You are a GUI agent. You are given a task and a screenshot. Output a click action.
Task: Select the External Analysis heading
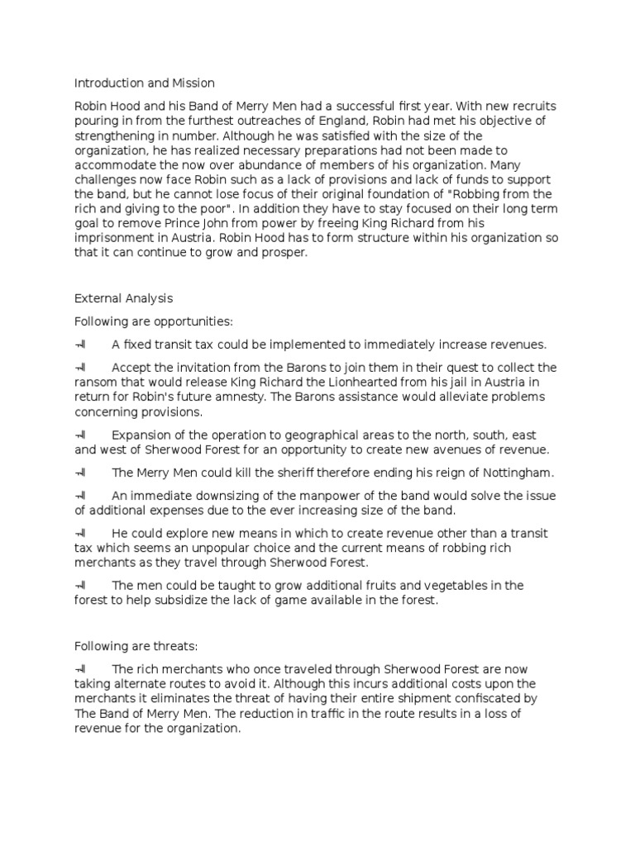coord(124,297)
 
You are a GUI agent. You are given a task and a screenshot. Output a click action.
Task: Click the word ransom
coord(96,382)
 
